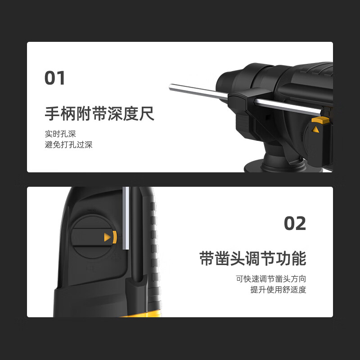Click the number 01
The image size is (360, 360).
pos(55,77)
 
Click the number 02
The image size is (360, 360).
pos(295,223)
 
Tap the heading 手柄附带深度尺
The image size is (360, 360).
pos(99,113)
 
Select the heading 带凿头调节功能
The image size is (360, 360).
pos(252,259)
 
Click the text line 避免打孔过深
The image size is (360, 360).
pos(68,145)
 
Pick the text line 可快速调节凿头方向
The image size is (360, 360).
pos(271,279)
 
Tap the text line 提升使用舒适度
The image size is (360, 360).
pos(278,290)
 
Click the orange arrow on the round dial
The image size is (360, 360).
pos(107,237)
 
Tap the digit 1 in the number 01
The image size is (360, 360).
pos(61,77)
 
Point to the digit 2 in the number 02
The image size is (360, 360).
pos(301,223)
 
